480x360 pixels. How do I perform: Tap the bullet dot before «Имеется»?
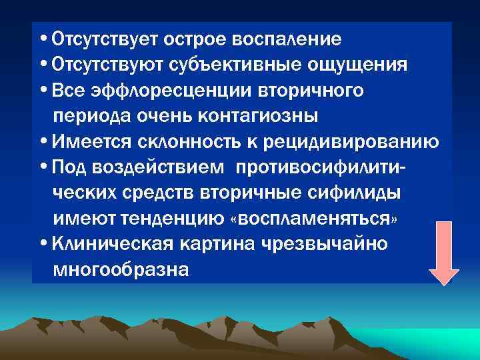43,141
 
